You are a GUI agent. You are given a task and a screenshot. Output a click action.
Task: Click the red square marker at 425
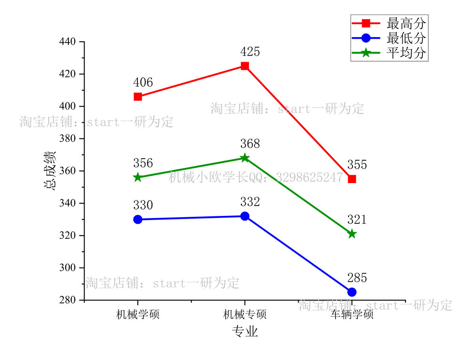[245, 66]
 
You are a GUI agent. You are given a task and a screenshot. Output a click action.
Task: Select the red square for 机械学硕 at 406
[138, 97]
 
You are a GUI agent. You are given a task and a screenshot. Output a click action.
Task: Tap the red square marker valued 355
[352, 179]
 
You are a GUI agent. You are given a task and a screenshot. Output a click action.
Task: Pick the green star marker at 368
[245, 158]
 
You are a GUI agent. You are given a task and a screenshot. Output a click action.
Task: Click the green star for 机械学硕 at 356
[138, 177]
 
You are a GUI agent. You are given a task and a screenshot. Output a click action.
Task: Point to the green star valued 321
[352, 234]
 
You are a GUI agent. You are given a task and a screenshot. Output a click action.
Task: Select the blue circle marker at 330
[138, 219]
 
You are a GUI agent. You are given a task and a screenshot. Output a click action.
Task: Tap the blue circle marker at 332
[245, 216]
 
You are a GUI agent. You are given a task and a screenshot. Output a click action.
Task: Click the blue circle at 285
[352, 292]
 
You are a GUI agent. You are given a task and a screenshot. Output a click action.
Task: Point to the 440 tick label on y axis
[68, 42]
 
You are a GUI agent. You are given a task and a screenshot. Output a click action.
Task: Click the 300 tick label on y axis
[68, 268]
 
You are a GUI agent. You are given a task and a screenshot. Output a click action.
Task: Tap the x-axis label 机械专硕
[245, 315]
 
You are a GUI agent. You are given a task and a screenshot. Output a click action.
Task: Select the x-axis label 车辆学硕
[352, 315]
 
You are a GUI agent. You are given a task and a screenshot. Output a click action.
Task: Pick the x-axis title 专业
[245, 332]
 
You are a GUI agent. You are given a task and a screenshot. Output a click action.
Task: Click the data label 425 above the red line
[250, 52]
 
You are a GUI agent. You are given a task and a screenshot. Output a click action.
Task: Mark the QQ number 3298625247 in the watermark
[309, 177]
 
